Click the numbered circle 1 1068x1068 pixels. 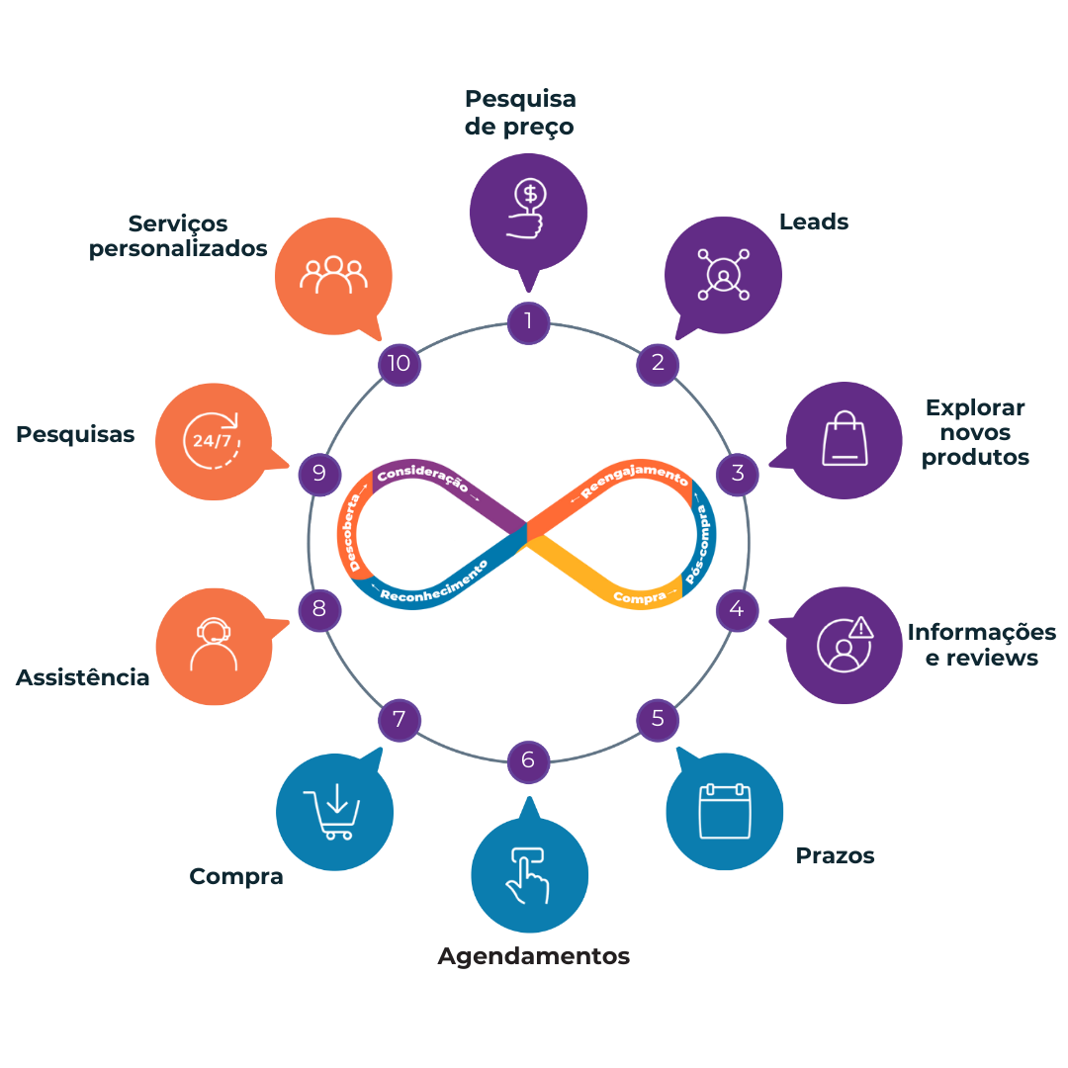pyautogui.click(x=528, y=322)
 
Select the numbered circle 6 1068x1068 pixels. pyautogui.click(x=528, y=761)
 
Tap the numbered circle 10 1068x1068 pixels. pyautogui.click(x=400, y=364)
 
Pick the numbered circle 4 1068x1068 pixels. pyautogui.click(x=737, y=609)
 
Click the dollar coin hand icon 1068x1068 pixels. pyautogui.click(x=526, y=208)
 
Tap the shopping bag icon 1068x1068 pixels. pyautogui.click(x=845, y=439)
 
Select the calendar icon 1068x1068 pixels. pyautogui.click(x=725, y=811)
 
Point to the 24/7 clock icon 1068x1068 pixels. pyautogui.click(x=212, y=441)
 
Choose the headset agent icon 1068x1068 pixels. pyautogui.click(x=214, y=645)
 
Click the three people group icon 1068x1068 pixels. pyautogui.click(x=334, y=275)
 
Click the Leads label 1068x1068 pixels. pyautogui.click(x=814, y=222)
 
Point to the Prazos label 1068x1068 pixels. pyautogui.click(x=835, y=855)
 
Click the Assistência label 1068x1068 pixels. pyautogui.click(x=82, y=677)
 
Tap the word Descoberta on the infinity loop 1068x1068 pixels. pyautogui.click(x=350, y=533)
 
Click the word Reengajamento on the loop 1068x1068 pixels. pyautogui.click(x=635, y=479)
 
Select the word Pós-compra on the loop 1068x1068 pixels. pyautogui.click(x=697, y=545)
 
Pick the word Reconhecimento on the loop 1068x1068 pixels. pyautogui.click(x=434, y=582)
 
